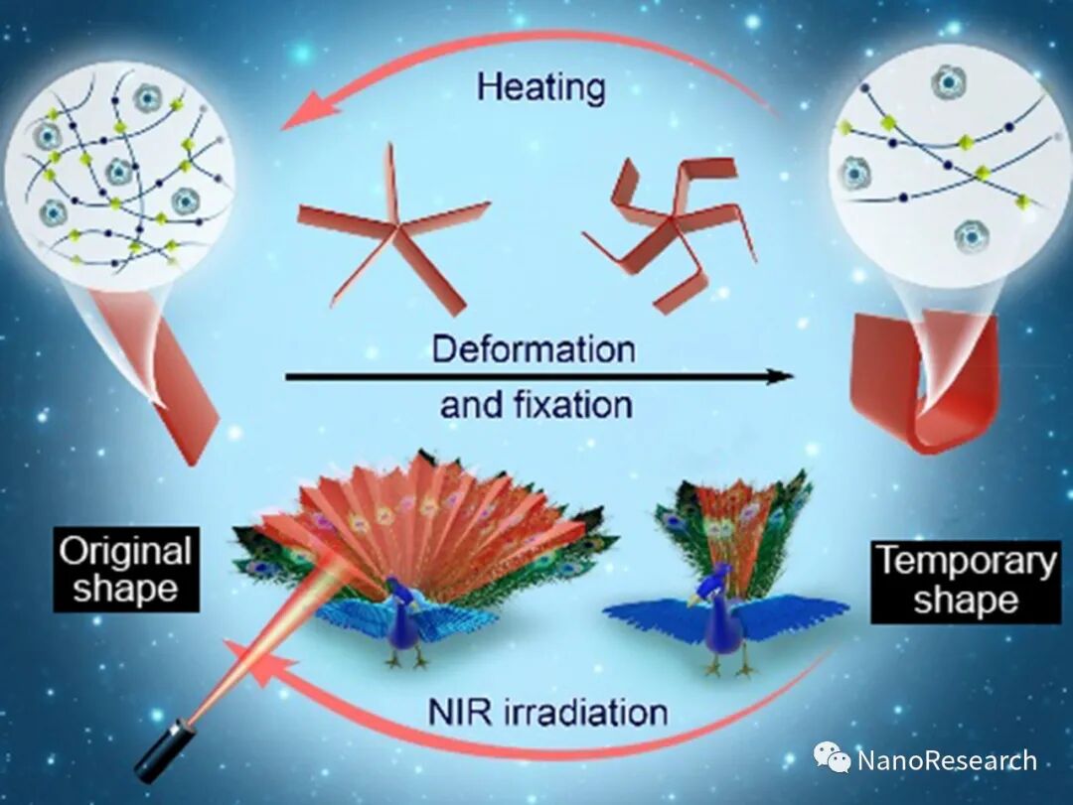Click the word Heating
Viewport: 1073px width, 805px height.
tap(540, 87)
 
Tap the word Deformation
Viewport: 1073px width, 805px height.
tap(534, 349)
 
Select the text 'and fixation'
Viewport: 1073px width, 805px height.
tap(536, 405)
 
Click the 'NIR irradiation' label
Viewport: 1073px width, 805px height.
tap(547, 712)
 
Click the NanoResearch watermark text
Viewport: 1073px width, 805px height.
tap(946, 761)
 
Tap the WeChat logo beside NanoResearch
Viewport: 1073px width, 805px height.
tap(833, 759)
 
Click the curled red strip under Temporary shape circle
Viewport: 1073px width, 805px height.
tap(924, 382)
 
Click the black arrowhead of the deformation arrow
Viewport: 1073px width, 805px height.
tap(781, 376)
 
